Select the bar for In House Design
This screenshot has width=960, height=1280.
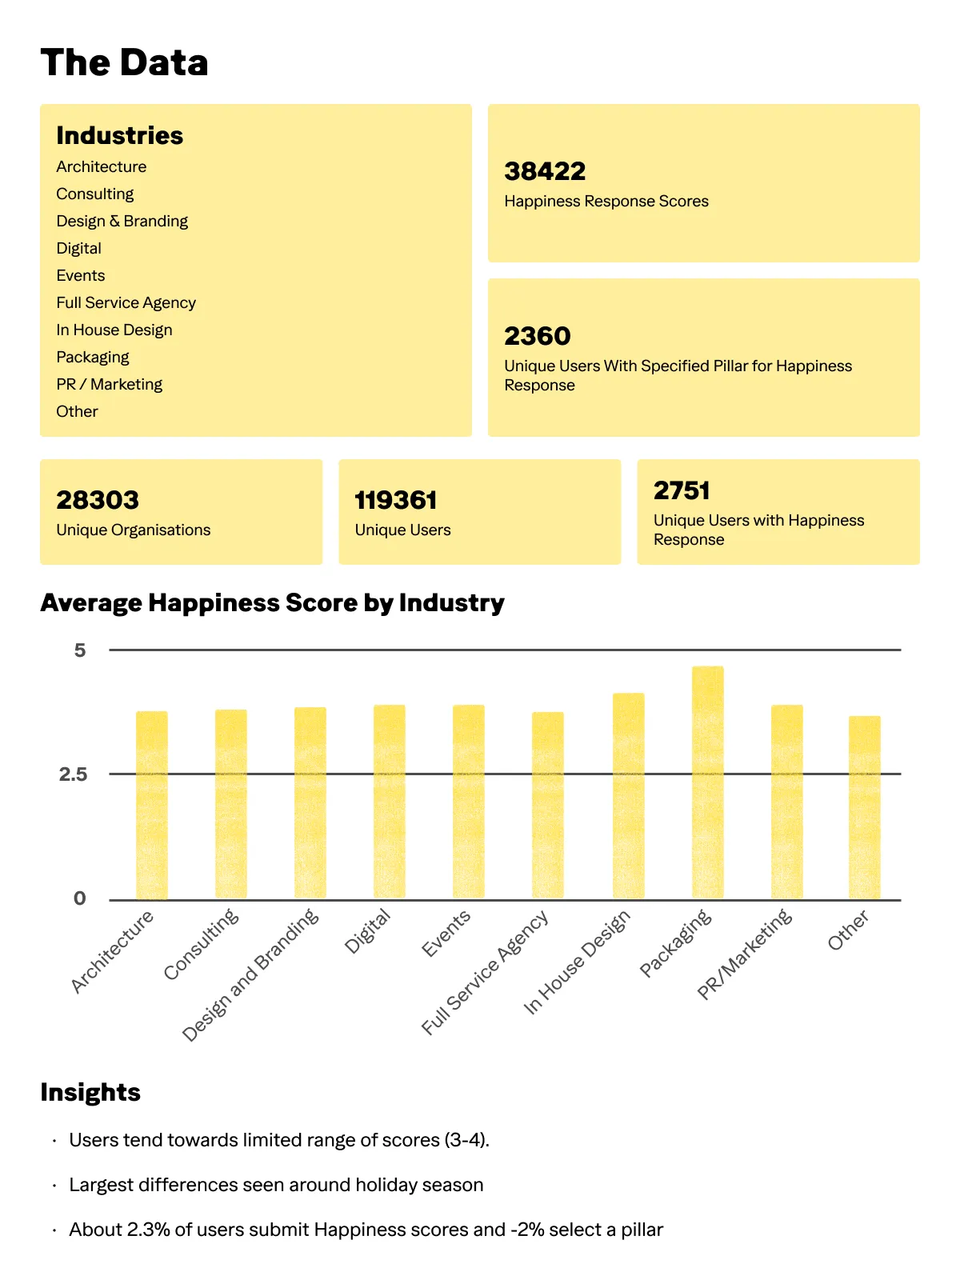628,796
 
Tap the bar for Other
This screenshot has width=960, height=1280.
864,807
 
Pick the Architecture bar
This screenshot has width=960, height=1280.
152,805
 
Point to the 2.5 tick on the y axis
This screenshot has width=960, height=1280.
73,774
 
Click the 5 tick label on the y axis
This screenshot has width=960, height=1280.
79,650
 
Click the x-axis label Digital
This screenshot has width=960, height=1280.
367,931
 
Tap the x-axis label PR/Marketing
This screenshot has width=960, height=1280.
745,954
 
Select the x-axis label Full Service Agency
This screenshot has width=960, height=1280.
485,972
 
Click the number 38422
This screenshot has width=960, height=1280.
545,171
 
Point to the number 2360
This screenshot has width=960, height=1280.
538,336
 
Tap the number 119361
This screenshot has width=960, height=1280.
396,501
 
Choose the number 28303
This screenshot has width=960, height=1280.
98,501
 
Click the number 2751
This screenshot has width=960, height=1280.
682,490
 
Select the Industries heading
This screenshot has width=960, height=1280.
120,135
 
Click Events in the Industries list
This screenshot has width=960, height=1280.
81,275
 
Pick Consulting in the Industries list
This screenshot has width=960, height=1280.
95,194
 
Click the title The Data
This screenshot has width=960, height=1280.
125,62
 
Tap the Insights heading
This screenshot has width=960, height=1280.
90,1092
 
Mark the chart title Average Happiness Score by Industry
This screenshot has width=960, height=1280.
273,602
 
